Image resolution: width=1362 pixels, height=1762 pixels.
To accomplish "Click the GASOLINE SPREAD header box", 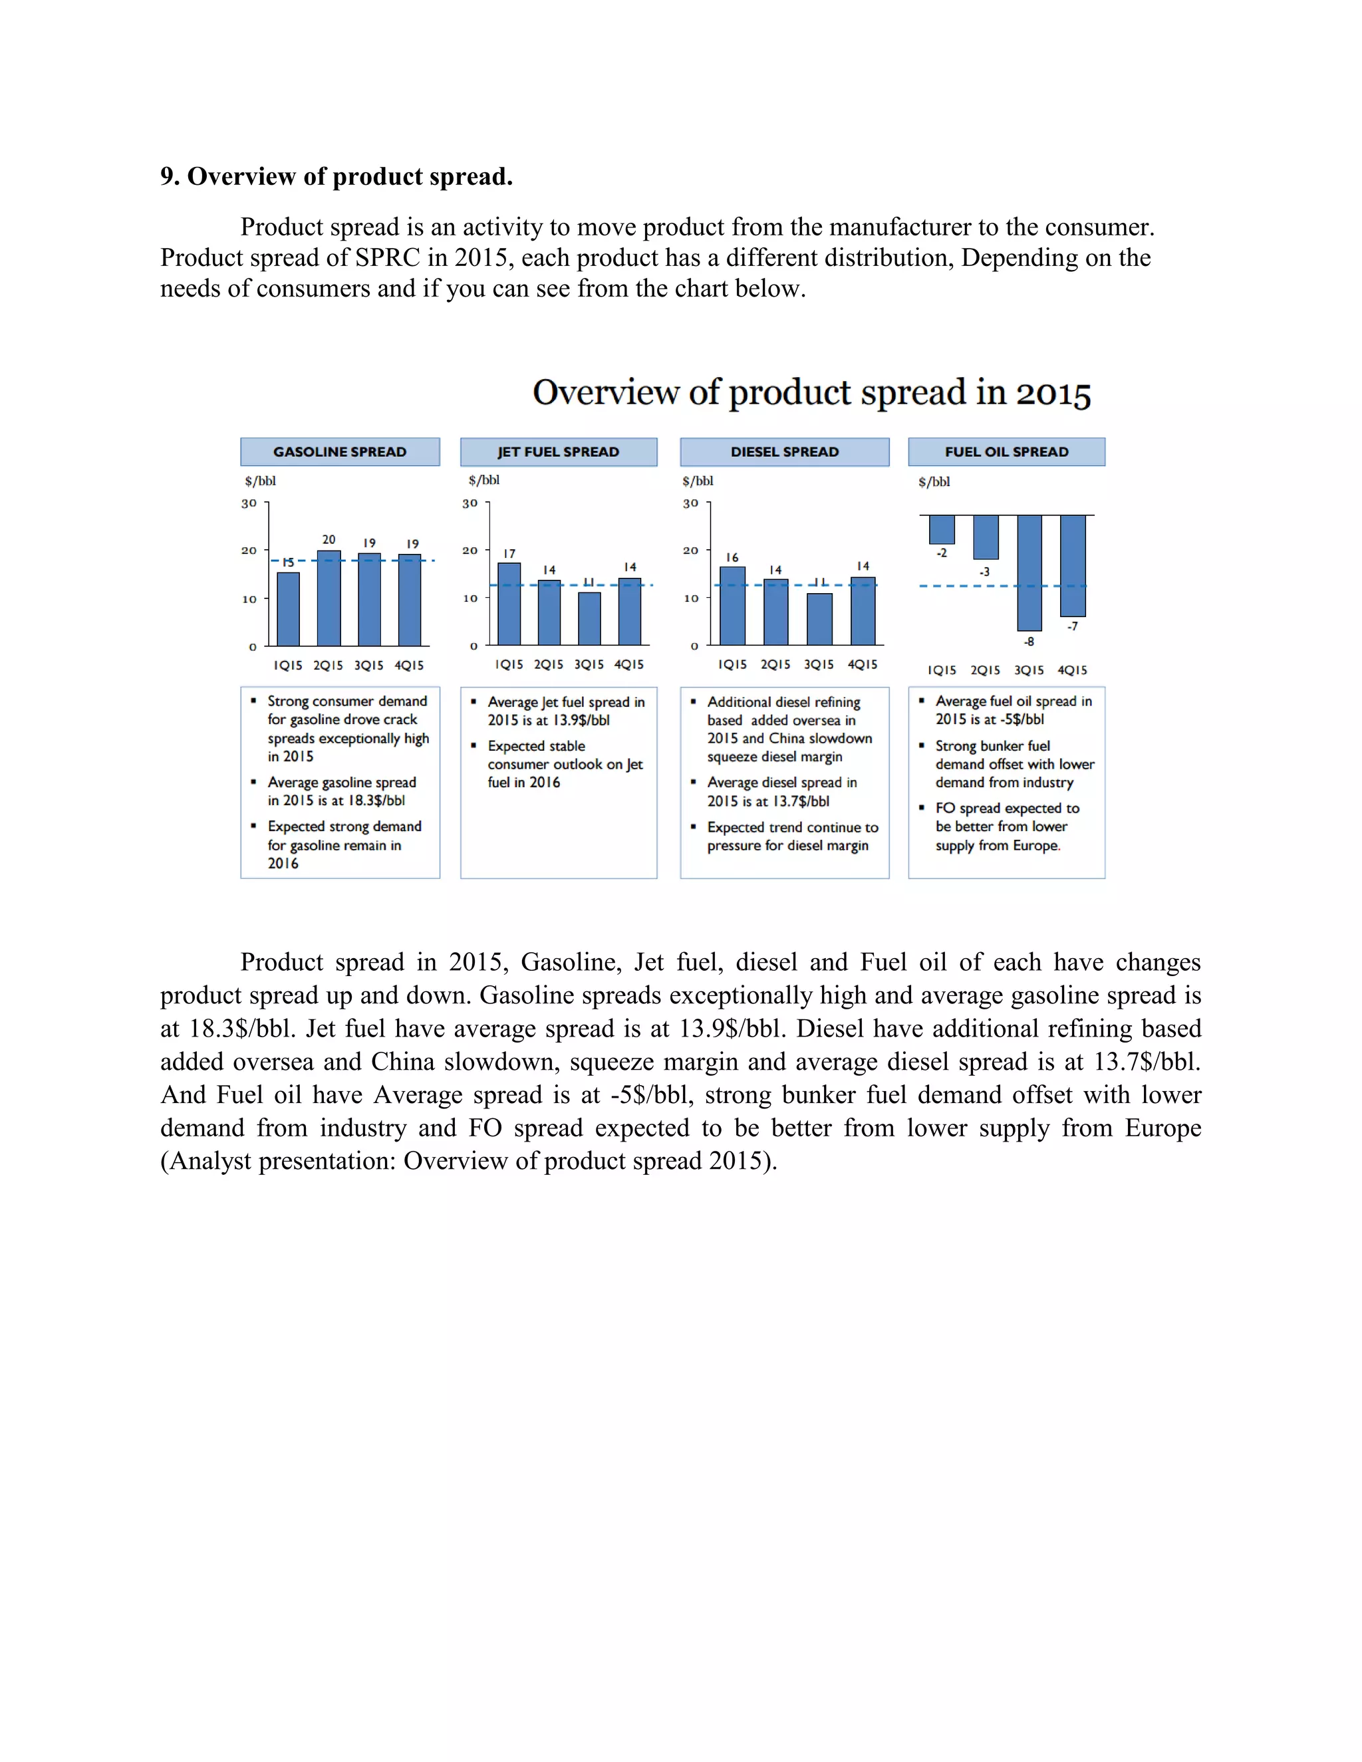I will point(340,451).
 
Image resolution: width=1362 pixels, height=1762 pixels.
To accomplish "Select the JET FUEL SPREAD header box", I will point(559,451).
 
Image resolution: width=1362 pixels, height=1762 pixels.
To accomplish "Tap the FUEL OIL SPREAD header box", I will point(1006,451).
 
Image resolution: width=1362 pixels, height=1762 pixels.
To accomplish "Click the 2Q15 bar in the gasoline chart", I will point(329,598).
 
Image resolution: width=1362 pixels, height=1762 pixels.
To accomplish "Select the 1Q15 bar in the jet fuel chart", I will point(509,604).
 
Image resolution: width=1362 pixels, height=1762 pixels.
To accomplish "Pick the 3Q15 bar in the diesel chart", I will point(819,619).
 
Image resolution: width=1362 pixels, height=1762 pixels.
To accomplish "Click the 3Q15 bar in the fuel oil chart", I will point(1029,572).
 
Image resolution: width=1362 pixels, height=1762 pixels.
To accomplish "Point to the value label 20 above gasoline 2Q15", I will point(329,539).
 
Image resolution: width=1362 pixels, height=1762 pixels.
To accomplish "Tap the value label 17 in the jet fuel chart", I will point(509,553).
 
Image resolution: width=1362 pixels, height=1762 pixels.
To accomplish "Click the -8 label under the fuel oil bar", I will point(1029,642).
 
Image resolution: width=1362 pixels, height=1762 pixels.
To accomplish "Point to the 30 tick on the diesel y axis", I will point(691,503).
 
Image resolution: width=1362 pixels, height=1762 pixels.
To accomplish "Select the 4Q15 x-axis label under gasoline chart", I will point(409,666).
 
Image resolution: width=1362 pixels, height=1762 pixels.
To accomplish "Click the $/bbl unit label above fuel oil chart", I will point(934,481).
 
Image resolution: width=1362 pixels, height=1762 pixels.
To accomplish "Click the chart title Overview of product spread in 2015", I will point(811,393).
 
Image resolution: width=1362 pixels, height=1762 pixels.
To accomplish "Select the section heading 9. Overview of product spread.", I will point(337,177).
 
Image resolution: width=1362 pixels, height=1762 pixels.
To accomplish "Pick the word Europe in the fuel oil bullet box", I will point(1036,846).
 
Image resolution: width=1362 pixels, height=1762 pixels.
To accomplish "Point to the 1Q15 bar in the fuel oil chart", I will point(942,529).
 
